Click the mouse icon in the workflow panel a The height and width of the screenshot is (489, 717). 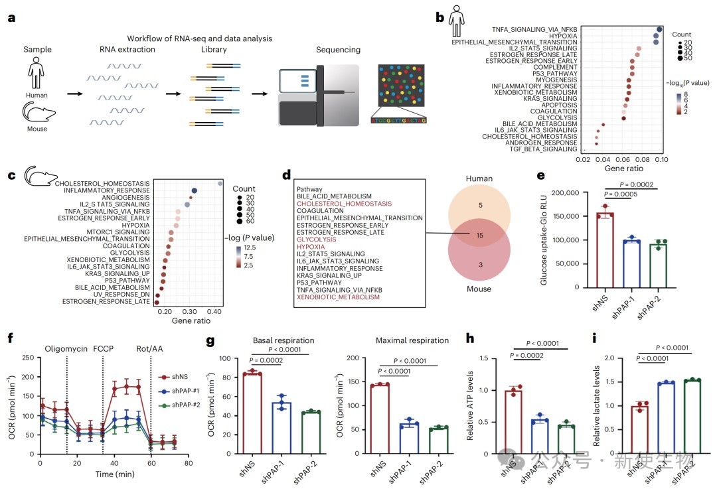click(x=39, y=112)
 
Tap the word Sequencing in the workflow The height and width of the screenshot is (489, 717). click(x=338, y=50)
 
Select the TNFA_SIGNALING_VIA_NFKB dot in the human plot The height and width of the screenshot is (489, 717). click(x=659, y=29)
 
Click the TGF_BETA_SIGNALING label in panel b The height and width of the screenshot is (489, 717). click(x=543, y=149)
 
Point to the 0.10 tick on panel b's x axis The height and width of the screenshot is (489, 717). click(x=661, y=159)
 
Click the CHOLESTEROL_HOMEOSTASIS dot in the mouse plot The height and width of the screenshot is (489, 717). click(x=220, y=183)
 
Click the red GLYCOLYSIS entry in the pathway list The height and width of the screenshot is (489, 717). click(x=317, y=240)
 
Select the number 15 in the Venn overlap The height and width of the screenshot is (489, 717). click(x=480, y=236)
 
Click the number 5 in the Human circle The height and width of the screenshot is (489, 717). click(x=481, y=205)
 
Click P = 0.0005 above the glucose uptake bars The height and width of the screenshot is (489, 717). click(x=621, y=194)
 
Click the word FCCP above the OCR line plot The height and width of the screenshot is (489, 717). click(x=104, y=349)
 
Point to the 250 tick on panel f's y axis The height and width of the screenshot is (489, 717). click(x=28, y=358)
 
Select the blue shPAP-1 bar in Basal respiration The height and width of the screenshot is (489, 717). click(x=281, y=428)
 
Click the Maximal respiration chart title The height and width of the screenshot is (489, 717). click(x=412, y=340)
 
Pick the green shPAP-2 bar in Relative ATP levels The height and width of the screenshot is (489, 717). click(x=566, y=440)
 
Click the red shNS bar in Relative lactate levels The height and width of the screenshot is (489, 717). click(x=640, y=429)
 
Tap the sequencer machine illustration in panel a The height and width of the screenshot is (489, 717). click(x=319, y=95)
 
